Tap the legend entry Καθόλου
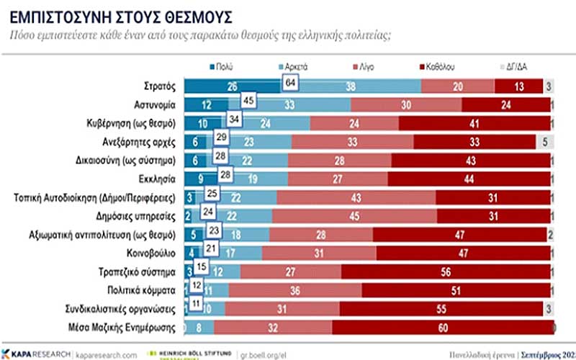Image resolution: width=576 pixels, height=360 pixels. [x=440, y=66]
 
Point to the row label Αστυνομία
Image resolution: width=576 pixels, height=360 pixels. [x=153, y=104]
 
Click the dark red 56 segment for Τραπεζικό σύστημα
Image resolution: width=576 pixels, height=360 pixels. [x=446, y=272]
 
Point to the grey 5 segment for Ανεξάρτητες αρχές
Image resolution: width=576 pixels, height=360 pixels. [x=544, y=142]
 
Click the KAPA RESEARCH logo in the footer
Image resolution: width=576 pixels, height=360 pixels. [x=36, y=354]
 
